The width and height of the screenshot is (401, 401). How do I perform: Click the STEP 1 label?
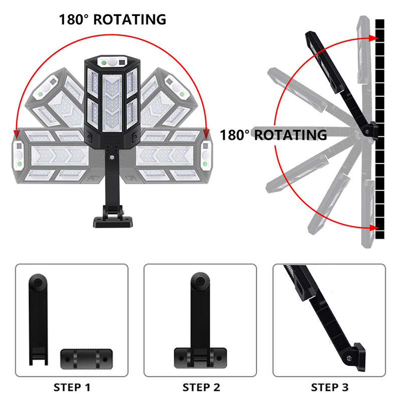pyautogui.click(x=72, y=387)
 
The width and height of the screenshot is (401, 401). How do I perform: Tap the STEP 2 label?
pyautogui.click(x=202, y=387)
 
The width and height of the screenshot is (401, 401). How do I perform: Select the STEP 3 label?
pyautogui.click(x=330, y=387)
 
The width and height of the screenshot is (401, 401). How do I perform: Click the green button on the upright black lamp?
pyautogui.click(x=104, y=63)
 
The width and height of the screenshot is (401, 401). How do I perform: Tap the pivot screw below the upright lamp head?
pyautogui.click(x=112, y=157)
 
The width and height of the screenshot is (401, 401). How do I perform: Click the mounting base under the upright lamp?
pyautogui.click(x=113, y=222)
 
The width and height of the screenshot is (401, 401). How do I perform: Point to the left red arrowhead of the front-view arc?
pyautogui.click(x=17, y=134)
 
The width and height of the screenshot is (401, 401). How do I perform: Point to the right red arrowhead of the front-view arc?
pyautogui.click(x=206, y=134)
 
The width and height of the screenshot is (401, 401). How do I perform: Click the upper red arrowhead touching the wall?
pyautogui.click(x=374, y=39)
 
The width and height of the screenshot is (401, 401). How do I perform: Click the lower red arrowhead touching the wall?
pyautogui.click(x=374, y=228)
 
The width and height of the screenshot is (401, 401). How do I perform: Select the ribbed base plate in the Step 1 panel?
pyautogui.click(x=86, y=359)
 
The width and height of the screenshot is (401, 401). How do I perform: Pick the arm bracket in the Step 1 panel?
pyautogui.click(x=38, y=319)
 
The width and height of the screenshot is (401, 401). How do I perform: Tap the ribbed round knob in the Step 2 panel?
pyautogui.click(x=200, y=281)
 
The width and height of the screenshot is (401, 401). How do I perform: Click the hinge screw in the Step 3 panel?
pyautogui.click(x=349, y=358)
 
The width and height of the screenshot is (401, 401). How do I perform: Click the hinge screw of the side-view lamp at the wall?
pyautogui.click(x=367, y=132)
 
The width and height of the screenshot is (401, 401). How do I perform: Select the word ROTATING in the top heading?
pyautogui.click(x=130, y=20)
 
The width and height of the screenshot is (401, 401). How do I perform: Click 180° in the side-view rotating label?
pyautogui.click(x=234, y=135)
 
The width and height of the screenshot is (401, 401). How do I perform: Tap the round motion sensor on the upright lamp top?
pyautogui.click(x=112, y=61)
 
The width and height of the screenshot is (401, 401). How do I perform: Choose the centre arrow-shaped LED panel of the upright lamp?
pyautogui.click(x=112, y=103)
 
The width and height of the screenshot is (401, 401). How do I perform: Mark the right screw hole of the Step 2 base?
pyautogui.click(x=219, y=358)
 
